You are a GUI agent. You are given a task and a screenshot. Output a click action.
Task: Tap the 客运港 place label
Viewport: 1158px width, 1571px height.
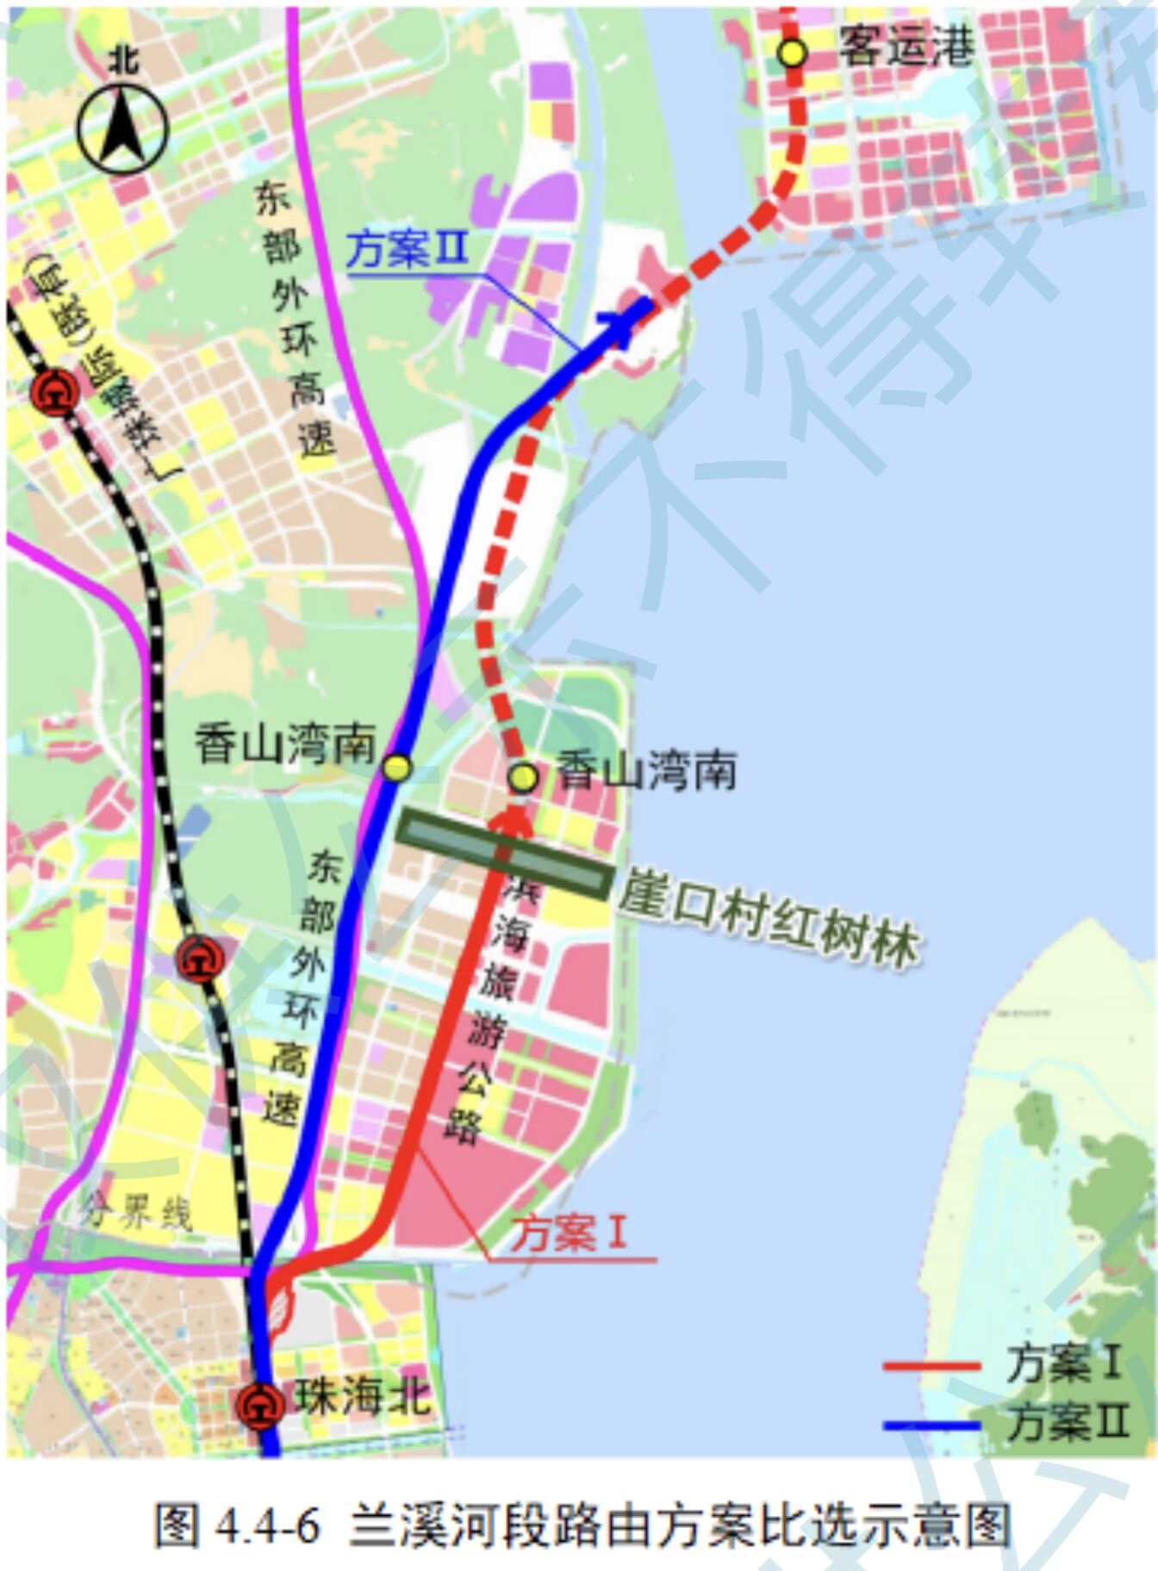[x=906, y=47]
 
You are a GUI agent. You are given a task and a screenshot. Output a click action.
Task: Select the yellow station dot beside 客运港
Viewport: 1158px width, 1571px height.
[x=792, y=53]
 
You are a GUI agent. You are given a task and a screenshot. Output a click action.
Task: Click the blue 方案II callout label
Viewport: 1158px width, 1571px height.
[x=407, y=250]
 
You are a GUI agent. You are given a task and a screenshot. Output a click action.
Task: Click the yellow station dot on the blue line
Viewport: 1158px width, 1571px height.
[x=397, y=767]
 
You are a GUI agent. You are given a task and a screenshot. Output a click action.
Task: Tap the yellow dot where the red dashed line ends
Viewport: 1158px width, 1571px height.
[x=523, y=778]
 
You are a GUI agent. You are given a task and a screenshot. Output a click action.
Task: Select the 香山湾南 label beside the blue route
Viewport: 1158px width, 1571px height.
[x=285, y=744]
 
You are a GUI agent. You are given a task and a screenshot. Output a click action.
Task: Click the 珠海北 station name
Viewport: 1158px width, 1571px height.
[x=363, y=1396]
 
